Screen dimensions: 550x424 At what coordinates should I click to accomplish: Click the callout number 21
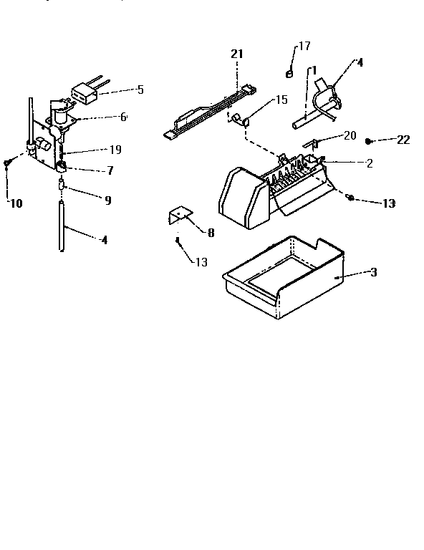(237, 53)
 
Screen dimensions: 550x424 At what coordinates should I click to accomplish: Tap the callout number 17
(304, 47)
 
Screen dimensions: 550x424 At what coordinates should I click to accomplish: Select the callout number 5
(140, 90)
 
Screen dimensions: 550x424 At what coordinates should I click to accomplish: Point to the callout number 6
(123, 117)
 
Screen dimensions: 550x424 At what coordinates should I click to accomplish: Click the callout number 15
(281, 100)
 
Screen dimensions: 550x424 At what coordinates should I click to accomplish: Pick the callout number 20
(350, 136)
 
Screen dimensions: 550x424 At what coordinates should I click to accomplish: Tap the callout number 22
(403, 140)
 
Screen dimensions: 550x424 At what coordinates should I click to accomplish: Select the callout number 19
(115, 150)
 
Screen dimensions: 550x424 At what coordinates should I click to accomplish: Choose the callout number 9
(107, 201)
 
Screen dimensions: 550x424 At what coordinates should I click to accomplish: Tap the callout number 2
(369, 163)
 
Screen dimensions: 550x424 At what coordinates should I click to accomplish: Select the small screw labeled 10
(7, 164)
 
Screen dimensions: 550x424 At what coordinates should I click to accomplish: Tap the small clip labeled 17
(289, 72)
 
